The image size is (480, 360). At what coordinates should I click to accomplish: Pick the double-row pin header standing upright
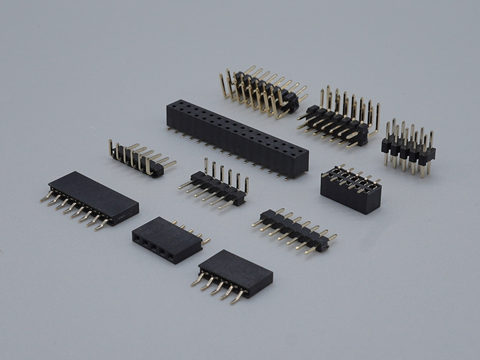(408, 149)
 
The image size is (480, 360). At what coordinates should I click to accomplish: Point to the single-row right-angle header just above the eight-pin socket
(141, 159)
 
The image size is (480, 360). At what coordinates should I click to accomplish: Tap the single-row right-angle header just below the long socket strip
(216, 186)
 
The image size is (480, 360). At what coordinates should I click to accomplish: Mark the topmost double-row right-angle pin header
(261, 90)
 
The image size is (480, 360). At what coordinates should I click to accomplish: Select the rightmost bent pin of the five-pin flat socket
(239, 296)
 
